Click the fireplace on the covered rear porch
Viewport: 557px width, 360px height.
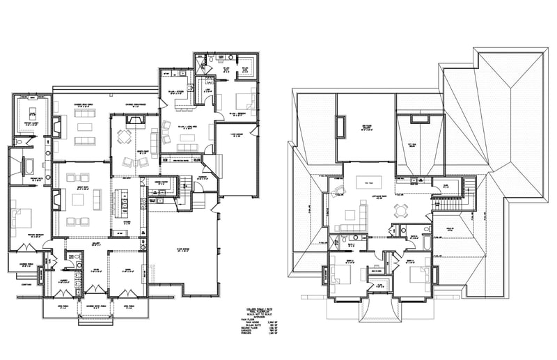(x=58, y=126)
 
